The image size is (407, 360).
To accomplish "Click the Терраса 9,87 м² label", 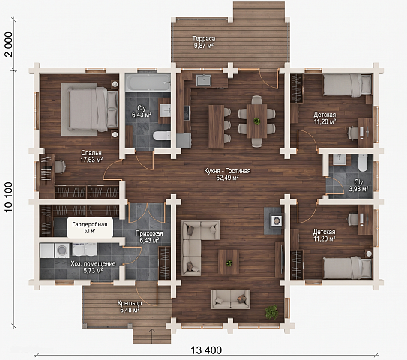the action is click(x=204, y=42).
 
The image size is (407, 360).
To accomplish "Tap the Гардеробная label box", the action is click(x=90, y=227).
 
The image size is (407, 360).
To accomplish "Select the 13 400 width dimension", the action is click(x=206, y=350).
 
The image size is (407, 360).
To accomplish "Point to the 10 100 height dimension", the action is click(x=8, y=196).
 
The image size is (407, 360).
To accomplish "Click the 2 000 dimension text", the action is click(x=8, y=44).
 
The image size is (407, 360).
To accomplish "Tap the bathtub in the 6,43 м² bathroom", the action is click(x=148, y=82).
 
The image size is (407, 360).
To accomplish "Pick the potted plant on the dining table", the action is click(x=256, y=121).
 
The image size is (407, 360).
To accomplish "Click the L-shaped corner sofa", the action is click(x=197, y=244).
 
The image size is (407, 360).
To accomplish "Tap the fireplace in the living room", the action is click(x=276, y=220).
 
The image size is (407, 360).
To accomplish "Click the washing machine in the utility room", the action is click(x=61, y=250).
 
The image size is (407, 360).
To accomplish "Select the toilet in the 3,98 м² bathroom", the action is click(x=362, y=163).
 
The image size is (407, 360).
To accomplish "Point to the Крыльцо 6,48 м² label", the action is click(x=130, y=306).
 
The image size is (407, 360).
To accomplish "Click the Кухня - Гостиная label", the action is click(x=227, y=171).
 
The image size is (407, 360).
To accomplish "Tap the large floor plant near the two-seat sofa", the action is click(x=271, y=311).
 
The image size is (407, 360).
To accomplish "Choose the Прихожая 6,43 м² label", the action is click(x=149, y=236).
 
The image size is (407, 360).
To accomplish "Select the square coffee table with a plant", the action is click(x=229, y=262).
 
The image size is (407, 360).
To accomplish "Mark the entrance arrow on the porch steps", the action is click(x=152, y=335).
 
